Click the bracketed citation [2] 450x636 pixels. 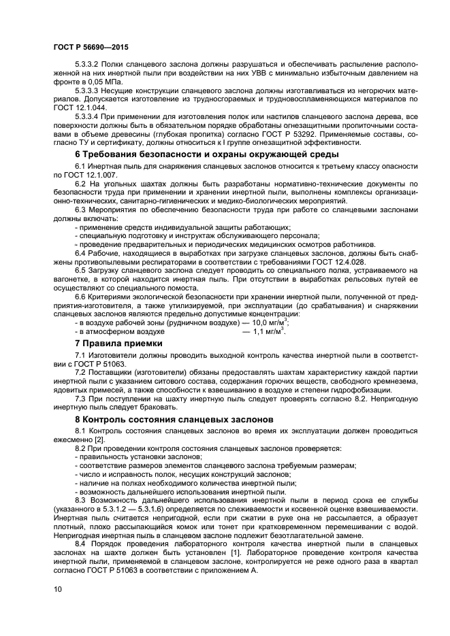(x=93, y=439)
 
